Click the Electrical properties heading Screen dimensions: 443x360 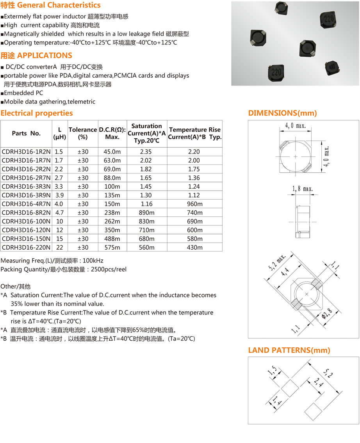pos(37,113)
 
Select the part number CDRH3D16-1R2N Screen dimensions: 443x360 pos(26,152)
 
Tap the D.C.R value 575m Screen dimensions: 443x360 pos(112,247)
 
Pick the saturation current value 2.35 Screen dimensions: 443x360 pos(146,152)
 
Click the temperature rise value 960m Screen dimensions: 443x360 pos(194,204)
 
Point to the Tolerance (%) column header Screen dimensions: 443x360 pos(83,133)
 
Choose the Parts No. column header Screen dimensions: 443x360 pos(26,133)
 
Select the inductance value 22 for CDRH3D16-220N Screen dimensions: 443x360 pos(59,247)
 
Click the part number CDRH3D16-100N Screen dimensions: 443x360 pos(26,221)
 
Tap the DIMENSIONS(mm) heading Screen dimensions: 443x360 pos(283,113)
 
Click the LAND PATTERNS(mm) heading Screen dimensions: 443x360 pos(289,350)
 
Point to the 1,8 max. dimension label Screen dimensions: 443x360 pos(303,189)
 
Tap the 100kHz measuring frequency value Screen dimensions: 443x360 pos(94,261)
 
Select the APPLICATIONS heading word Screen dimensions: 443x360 pos(45,55)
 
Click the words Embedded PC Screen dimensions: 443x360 pos(24,93)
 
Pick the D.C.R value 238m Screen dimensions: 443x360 pos(112,213)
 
